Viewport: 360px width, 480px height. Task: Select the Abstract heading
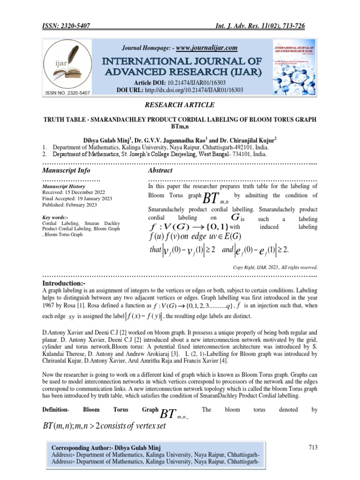160,170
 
